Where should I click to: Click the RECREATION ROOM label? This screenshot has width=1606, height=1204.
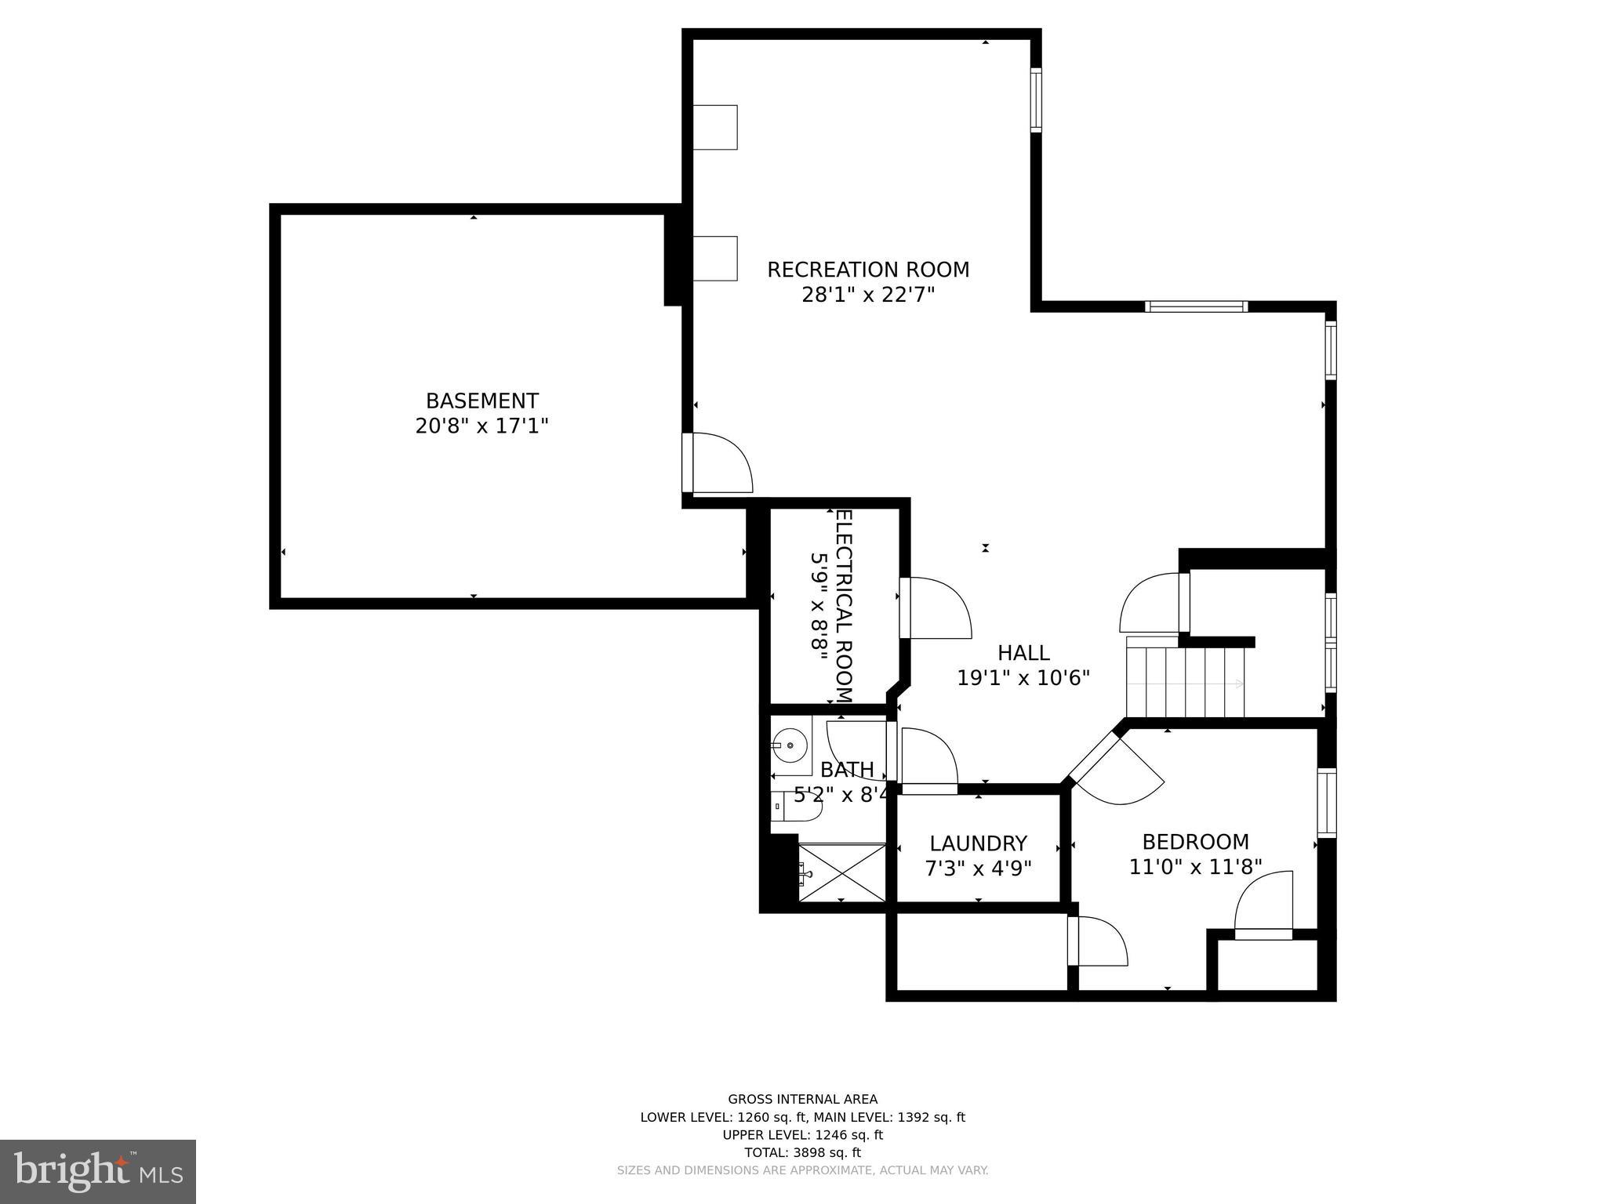(x=868, y=270)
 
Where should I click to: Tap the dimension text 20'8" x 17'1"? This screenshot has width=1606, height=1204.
(x=481, y=426)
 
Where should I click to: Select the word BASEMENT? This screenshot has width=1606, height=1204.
(x=481, y=401)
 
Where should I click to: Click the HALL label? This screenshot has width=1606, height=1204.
(x=1023, y=652)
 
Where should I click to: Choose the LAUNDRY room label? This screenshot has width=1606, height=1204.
(x=978, y=843)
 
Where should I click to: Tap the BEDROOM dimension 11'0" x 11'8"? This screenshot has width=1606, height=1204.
(x=1195, y=867)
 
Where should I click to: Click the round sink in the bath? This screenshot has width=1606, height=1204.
(x=790, y=745)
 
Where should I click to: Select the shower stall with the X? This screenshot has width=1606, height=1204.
(x=842, y=872)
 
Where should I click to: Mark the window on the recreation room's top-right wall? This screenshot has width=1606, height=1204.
(x=1036, y=100)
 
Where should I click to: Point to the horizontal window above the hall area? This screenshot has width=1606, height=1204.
(x=1196, y=306)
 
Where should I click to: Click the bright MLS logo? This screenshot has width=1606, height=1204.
(x=98, y=1172)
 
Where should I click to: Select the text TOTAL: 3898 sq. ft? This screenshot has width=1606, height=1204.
(x=802, y=1152)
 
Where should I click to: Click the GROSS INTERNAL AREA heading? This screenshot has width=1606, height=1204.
(x=802, y=1100)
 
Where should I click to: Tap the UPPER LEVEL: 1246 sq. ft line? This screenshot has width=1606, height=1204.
(x=802, y=1135)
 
